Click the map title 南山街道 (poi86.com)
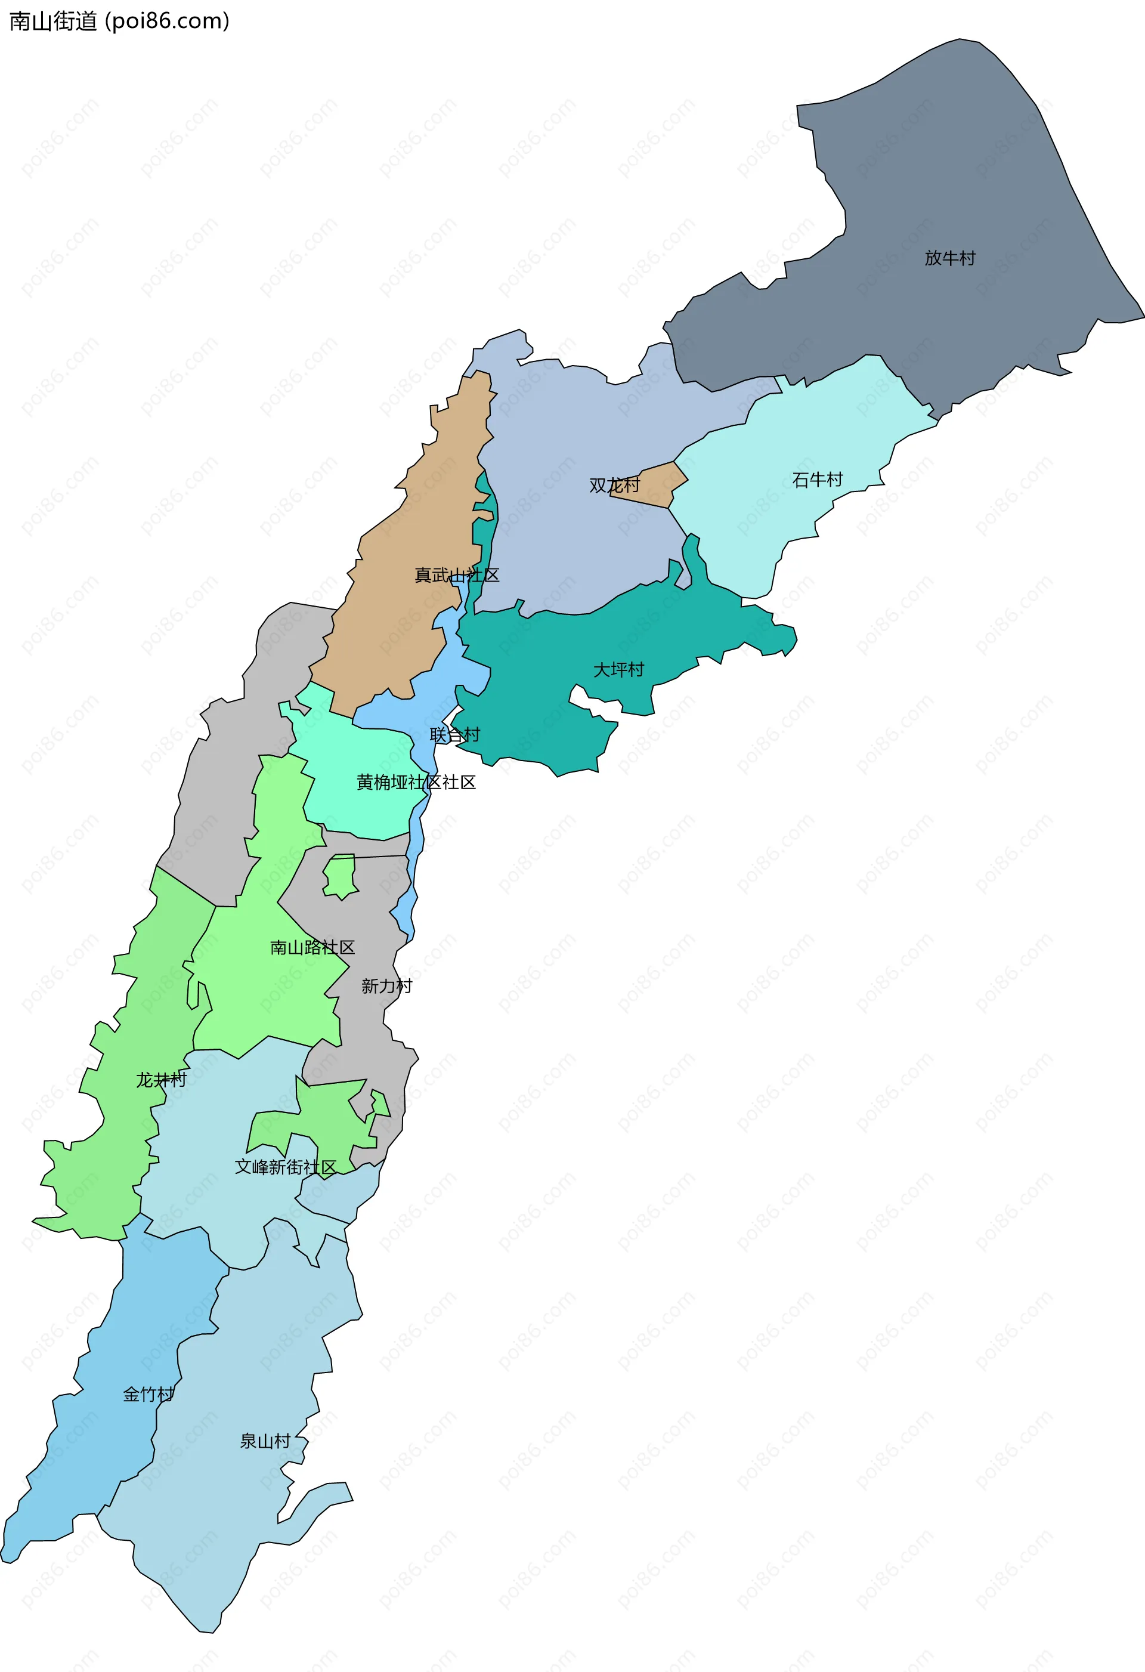coord(119,21)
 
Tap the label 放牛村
coord(949,258)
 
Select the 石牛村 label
coord(817,480)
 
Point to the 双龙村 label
coord(614,486)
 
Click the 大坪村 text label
coord(618,670)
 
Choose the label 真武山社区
coord(457,575)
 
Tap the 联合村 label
coord(454,734)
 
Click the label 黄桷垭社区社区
coord(416,782)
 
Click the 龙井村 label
coord(161,1080)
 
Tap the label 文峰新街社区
coord(285,1167)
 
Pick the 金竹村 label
coord(148,1394)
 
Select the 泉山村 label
coord(265,1441)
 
